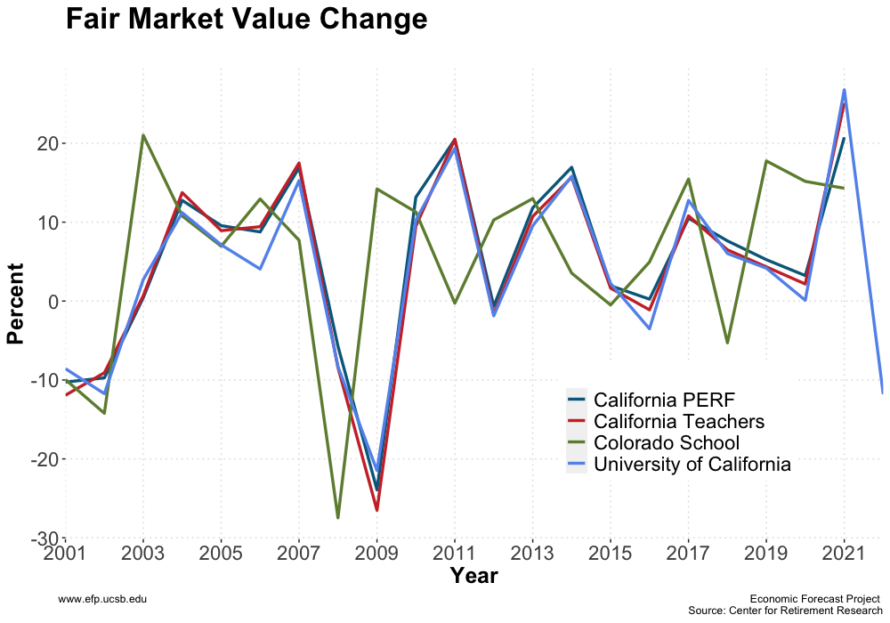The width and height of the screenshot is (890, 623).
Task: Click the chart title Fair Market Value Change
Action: coord(247,20)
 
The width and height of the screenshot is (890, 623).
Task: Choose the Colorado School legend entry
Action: coord(667,442)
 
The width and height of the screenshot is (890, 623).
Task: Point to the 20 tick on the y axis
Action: coord(46,143)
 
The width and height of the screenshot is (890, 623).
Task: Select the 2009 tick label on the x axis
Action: coord(376,555)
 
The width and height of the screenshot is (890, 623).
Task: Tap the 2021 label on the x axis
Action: coord(843,555)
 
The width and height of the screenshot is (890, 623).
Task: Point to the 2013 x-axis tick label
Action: coord(532,555)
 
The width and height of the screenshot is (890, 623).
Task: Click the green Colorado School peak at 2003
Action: coord(143,135)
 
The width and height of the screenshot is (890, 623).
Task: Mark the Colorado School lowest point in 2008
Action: coord(338,518)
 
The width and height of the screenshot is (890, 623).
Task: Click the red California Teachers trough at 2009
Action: coord(376,510)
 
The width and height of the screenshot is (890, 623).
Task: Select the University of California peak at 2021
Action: coord(844,90)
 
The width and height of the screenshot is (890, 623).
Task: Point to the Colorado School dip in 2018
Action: coord(727,343)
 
